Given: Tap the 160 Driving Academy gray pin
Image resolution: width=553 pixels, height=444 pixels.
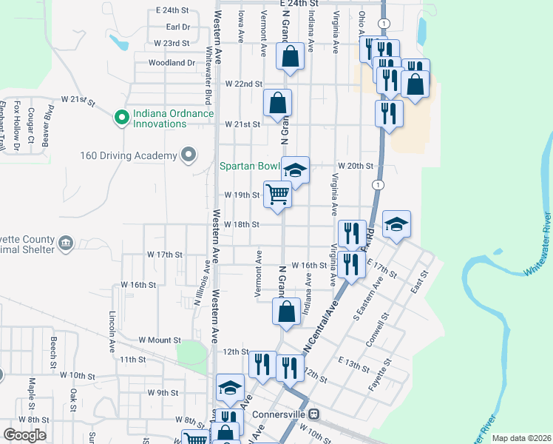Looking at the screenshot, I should pyautogui.click(x=189, y=155).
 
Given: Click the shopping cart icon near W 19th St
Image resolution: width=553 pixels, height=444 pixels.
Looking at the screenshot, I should pyautogui.click(x=277, y=195).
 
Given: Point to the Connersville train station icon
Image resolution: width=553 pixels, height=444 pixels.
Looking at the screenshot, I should pyautogui.click(x=314, y=414).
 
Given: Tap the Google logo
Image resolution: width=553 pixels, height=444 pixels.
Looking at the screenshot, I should pyautogui.click(x=24, y=435).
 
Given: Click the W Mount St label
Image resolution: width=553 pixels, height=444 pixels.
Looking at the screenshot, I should pyautogui.click(x=160, y=340).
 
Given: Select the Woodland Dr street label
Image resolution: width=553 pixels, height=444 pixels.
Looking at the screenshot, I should pyautogui.click(x=171, y=63).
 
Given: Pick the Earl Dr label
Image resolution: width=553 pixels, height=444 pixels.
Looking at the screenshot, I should pyautogui.click(x=178, y=27).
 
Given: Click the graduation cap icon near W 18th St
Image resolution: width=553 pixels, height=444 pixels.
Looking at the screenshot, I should pyautogui.click(x=396, y=224).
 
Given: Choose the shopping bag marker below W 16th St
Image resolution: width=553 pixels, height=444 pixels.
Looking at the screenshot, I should pyautogui.click(x=286, y=311).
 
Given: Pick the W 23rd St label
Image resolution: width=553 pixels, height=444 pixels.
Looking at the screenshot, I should pyautogui.click(x=172, y=44).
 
